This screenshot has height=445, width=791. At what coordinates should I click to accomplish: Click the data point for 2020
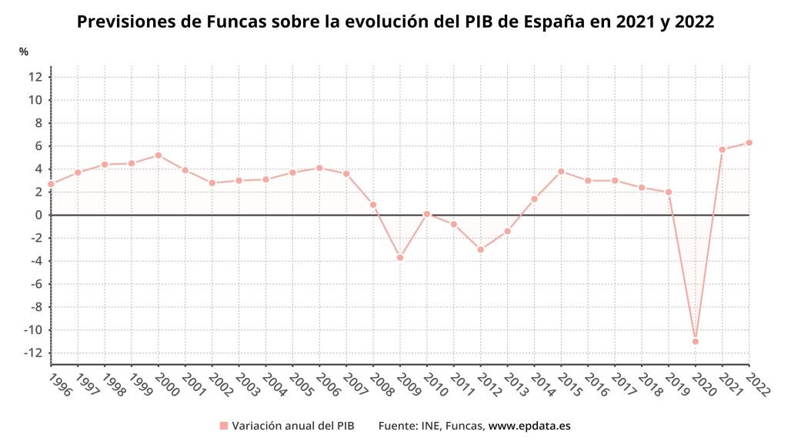click(696, 341)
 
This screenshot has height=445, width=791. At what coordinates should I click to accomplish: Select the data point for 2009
click(400, 257)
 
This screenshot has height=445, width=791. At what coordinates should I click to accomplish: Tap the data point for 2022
click(749, 142)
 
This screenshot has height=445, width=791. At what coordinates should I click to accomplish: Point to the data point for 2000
click(159, 155)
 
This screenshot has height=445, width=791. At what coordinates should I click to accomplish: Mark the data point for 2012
click(480, 249)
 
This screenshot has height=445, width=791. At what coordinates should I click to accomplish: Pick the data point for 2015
click(561, 171)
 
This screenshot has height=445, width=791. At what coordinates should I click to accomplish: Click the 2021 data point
click(723, 149)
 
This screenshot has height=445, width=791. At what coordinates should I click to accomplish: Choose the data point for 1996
click(51, 184)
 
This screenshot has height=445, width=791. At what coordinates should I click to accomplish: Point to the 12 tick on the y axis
click(35, 76)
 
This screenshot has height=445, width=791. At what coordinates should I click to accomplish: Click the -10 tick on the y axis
click(32, 330)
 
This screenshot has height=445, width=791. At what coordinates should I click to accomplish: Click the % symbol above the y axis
click(24, 52)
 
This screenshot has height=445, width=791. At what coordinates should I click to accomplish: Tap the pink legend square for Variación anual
click(224, 425)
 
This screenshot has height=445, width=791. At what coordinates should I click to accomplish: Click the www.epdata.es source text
click(529, 425)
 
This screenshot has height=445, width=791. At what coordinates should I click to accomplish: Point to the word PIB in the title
click(482, 22)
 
